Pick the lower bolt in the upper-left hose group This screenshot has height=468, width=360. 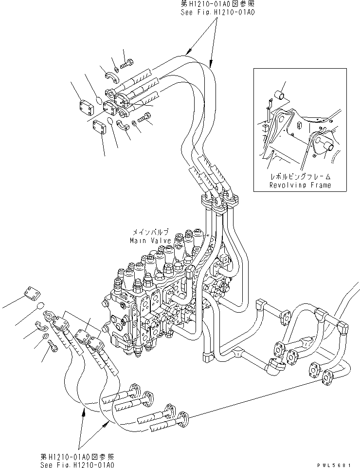[145, 117]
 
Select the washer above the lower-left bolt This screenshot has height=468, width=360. [45, 336]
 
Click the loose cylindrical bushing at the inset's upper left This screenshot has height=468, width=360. [281, 94]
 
